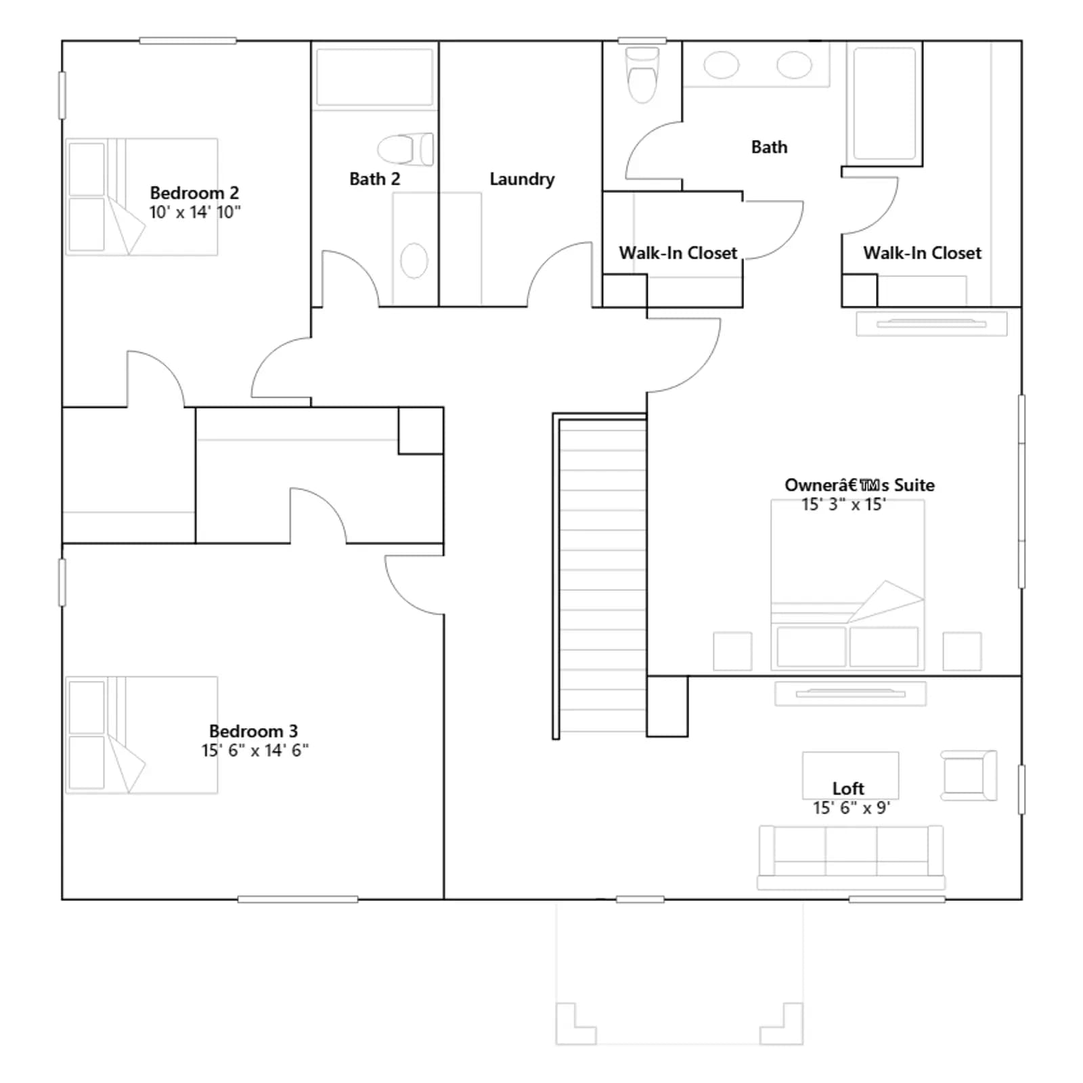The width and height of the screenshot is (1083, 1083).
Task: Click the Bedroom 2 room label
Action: (194, 193)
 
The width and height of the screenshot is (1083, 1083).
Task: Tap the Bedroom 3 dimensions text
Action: (255, 750)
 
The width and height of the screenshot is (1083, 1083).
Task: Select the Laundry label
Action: (522, 179)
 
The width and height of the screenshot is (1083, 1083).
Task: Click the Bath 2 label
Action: (374, 179)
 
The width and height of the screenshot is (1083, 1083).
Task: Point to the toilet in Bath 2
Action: (405, 149)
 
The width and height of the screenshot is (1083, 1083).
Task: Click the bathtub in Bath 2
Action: (374, 77)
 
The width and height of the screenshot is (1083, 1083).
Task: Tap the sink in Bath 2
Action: (414, 260)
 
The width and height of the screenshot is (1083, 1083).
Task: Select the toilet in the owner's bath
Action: (642, 75)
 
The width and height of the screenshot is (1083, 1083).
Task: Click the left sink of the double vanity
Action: (722, 66)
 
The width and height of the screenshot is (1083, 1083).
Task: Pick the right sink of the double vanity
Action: (794, 66)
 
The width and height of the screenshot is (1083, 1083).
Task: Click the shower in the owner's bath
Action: (885, 103)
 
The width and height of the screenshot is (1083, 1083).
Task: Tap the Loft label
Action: (848, 789)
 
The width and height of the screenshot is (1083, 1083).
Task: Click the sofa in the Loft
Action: (851, 857)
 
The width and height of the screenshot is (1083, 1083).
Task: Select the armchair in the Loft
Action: (969, 775)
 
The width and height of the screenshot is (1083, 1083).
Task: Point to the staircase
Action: (600, 576)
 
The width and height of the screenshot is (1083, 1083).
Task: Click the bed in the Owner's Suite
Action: (847, 585)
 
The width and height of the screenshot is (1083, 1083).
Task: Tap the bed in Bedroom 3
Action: (141, 735)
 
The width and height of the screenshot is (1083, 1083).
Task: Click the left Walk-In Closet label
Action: (678, 253)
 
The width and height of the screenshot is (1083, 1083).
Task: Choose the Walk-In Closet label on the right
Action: (922, 253)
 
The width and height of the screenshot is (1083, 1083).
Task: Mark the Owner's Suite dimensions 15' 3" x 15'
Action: (843, 504)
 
